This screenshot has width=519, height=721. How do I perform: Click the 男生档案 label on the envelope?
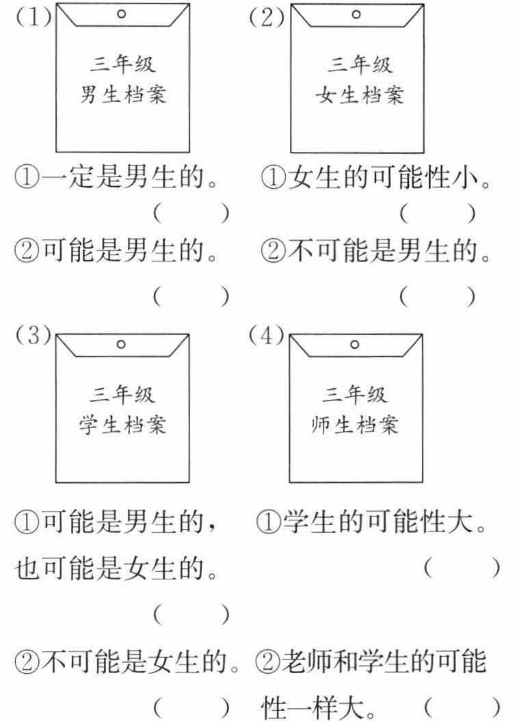coord(122,94)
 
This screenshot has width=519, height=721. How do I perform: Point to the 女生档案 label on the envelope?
coord(359,94)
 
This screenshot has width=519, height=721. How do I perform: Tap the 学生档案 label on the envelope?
coord(122,425)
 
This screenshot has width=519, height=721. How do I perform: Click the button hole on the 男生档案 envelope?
coord(122,13)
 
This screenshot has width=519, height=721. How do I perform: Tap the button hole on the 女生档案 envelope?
coord(357,13)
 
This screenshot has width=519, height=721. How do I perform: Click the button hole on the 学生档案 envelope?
coord(122,344)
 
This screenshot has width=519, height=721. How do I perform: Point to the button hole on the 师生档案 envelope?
coord(354,344)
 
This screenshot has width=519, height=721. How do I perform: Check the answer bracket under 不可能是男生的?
coord(437,296)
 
